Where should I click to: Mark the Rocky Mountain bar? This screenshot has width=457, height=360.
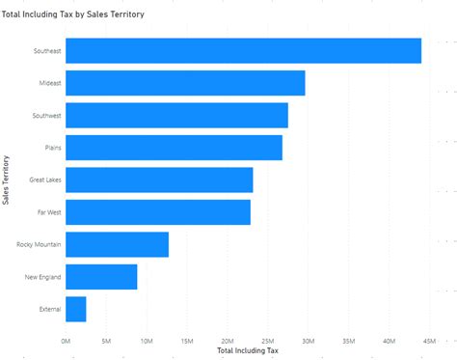pyautogui.click(x=117, y=245)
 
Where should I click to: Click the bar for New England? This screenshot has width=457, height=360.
pyautogui.click(x=101, y=277)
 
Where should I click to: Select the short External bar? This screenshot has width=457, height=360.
pyautogui.click(x=75, y=309)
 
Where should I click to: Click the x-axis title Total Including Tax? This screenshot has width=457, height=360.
pyautogui.click(x=248, y=350)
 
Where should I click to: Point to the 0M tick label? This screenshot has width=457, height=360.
pyautogui.click(x=66, y=340)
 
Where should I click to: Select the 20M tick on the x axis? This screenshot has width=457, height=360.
pyautogui.click(x=227, y=340)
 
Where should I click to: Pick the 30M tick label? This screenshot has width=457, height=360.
pyautogui.click(x=308, y=340)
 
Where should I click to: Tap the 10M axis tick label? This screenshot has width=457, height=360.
pyautogui.click(x=146, y=340)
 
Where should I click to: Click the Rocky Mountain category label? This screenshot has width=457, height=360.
pyautogui.click(x=40, y=245)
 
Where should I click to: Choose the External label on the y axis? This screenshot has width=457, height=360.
pyautogui.click(x=50, y=310)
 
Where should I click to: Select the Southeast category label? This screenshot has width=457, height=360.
pyautogui.click(x=45, y=51)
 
